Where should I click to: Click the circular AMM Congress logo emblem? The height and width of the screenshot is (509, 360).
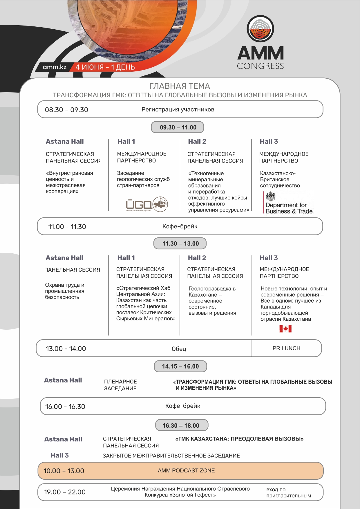pyautogui.click(x=260, y=29)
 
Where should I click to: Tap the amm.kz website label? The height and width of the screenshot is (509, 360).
pyautogui.click(x=55, y=67)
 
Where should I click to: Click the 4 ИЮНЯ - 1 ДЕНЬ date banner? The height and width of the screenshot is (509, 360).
pyautogui.click(x=105, y=67)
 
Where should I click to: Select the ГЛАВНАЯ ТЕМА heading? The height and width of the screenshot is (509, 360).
pyautogui.click(x=180, y=86)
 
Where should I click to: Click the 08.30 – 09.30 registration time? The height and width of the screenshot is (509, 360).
pyautogui.click(x=66, y=110)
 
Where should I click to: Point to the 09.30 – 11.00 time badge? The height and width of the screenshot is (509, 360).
pyautogui.click(x=178, y=127)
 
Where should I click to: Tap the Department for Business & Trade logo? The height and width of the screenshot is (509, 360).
pyautogui.click(x=288, y=203)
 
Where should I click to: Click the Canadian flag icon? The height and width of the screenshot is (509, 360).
pyautogui.click(x=285, y=328)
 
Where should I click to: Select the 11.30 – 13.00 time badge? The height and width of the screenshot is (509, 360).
pyautogui.click(x=180, y=243)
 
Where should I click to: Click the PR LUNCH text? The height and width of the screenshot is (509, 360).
pyautogui.click(x=286, y=348)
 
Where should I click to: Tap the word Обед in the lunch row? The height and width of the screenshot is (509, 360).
pyautogui.click(x=179, y=349)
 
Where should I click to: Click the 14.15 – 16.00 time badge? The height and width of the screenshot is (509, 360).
pyautogui.click(x=180, y=366)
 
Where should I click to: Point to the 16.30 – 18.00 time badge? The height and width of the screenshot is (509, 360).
pyautogui.click(x=181, y=425)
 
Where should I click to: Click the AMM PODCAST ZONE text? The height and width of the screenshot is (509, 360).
pyautogui.click(x=186, y=470)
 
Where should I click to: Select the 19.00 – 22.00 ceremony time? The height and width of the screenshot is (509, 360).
pyautogui.click(x=65, y=492)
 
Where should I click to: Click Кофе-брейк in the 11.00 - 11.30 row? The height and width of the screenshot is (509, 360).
pyautogui.click(x=180, y=226)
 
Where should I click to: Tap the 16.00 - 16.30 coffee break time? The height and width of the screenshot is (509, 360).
pyautogui.click(x=65, y=407)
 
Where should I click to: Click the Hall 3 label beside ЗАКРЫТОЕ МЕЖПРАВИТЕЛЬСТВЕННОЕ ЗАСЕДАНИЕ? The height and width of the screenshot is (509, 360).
pyautogui.click(x=59, y=455)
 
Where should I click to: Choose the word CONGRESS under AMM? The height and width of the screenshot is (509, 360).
pyautogui.click(x=260, y=66)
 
